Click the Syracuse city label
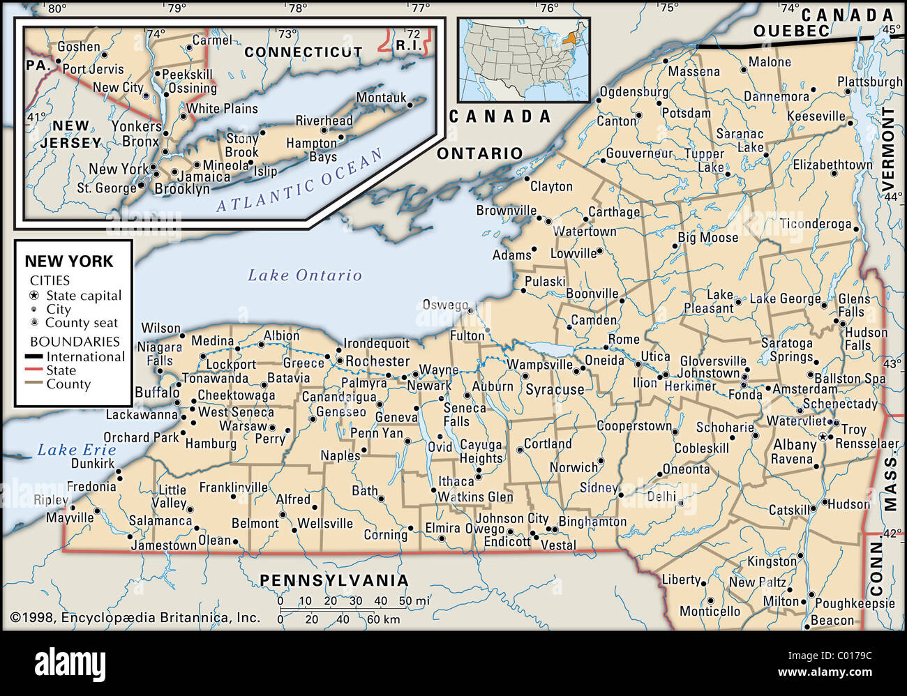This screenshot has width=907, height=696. click(x=555, y=390)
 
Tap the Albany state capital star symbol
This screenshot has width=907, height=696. click(x=824, y=437)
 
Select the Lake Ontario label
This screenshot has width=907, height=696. click(x=305, y=275)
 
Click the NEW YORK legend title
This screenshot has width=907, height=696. click(x=69, y=262)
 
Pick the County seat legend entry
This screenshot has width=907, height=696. click(x=81, y=323)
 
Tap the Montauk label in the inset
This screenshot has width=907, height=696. click(x=381, y=98)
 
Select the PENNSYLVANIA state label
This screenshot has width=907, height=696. click(x=333, y=580)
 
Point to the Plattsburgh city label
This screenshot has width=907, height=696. click(x=869, y=82)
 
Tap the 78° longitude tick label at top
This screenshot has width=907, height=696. click(x=297, y=8)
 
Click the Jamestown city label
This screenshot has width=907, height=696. click(x=164, y=545)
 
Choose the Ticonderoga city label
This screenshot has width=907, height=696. click(x=816, y=224)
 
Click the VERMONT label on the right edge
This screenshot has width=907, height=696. click(x=888, y=149)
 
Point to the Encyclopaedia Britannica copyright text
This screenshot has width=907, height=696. click(x=135, y=617)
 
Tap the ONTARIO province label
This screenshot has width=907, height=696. click(x=479, y=153)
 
